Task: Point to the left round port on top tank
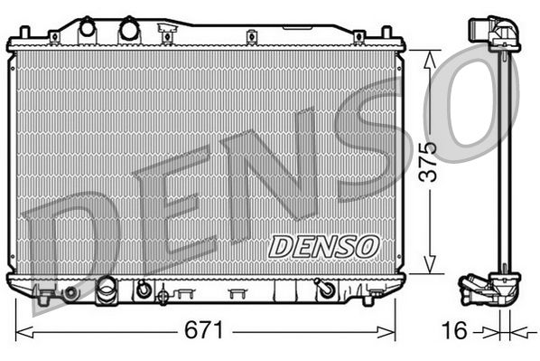[x=88, y=28]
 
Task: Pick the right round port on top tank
[x=128, y=28]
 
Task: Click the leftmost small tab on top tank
[x=54, y=36]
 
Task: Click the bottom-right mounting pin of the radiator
[x=368, y=299]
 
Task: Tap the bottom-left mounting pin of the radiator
[x=42, y=298]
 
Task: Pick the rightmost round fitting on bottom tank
[x=322, y=289]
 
